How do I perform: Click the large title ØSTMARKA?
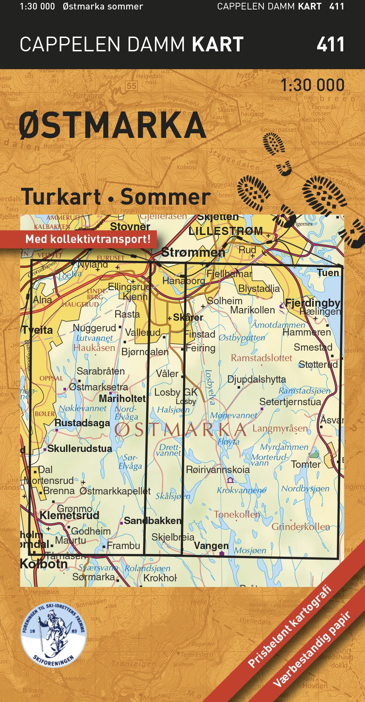click(112, 125)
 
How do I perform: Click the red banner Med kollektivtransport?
click(88, 240)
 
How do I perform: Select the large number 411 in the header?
click(330, 45)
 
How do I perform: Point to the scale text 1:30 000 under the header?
click(313, 85)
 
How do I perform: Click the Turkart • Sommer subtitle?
click(116, 197)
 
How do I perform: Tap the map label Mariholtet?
click(122, 398)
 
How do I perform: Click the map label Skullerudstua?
click(80, 448)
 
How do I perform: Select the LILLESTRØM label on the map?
click(226, 231)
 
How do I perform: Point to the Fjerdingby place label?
click(313, 303)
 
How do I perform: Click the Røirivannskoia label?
click(218, 470)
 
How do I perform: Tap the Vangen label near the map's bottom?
click(211, 546)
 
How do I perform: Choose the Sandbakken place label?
click(152, 521)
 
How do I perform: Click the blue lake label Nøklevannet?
click(83, 408)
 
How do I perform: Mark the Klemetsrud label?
click(69, 515)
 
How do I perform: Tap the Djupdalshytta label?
click(256, 379)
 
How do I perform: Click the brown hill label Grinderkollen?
click(301, 527)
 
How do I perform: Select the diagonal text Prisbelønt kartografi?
click(290, 626)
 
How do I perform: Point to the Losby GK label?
click(176, 392)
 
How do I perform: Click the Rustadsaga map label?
click(82, 423)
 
